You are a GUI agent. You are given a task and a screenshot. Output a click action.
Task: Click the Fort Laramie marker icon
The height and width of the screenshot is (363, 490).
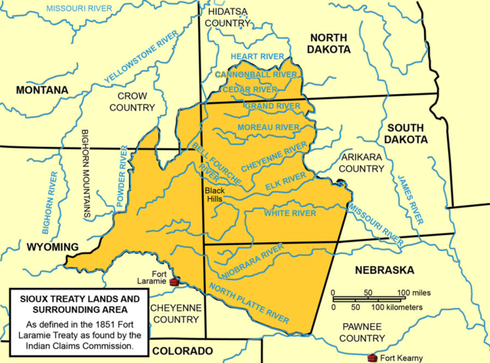tap(175, 282)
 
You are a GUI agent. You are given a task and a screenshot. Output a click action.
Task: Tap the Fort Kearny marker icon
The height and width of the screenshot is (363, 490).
tap(372, 357)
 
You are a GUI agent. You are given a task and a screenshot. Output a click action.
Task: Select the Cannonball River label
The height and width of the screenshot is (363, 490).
tap(256, 74)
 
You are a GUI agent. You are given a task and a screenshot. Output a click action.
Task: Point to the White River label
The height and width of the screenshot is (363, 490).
tap(289, 214)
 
